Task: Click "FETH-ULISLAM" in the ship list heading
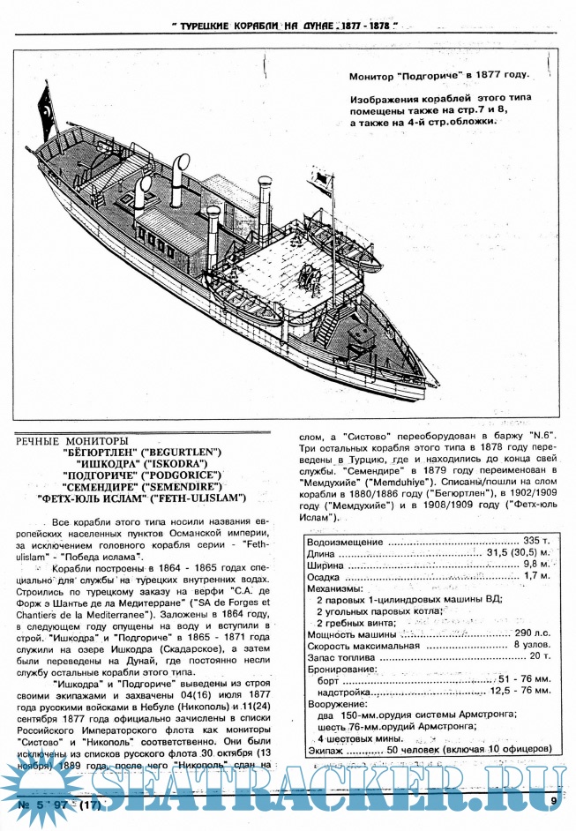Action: tap(209, 498)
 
